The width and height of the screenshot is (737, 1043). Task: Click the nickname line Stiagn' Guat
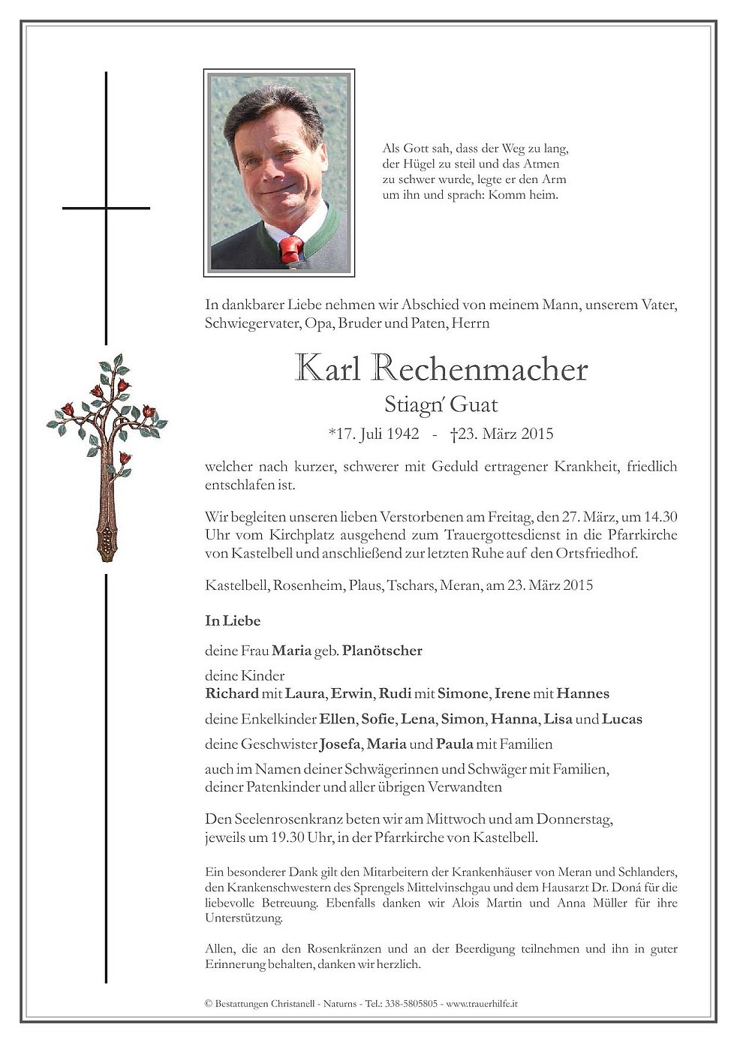coord(441,405)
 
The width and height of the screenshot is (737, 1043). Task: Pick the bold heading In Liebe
coord(233,621)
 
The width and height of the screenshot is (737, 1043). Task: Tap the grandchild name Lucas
coord(622,719)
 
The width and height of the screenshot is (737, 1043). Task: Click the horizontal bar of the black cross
coord(106,208)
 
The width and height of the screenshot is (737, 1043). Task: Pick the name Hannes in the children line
coord(582,693)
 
